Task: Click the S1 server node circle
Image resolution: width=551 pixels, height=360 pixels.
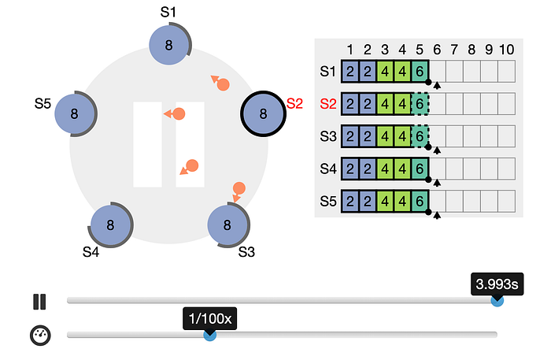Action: [x=168, y=46]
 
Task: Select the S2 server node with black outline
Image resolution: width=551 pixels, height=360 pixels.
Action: [x=264, y=113]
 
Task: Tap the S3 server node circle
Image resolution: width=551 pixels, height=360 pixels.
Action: [x=227, y=225]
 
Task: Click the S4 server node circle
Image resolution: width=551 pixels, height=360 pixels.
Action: [x=110, y=225]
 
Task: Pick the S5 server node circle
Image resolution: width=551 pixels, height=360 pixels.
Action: [x=75, y=113]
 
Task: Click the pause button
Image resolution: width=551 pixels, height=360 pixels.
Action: [x=39, y=301]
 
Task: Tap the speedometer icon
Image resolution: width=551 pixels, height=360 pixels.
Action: [x=40, y=335]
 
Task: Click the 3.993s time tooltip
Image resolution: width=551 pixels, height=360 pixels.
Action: [x=497, y=283]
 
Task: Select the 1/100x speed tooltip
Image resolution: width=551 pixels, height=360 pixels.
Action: [x=210, y=318]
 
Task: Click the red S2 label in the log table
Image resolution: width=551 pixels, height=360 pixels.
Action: [x=328, y=103]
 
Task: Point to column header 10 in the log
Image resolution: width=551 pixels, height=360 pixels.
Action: [x=506, y=49]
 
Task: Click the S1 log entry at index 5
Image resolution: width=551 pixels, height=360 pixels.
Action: [x=420, y=71]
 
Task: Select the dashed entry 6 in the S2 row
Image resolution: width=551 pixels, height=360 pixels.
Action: [x=420, y=103]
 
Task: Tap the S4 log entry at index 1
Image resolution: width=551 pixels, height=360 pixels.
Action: [x=350, y=168]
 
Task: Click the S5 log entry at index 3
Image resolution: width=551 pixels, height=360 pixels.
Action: [x=385, y=200]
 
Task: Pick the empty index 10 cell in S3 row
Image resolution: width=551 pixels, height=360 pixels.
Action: [x=506, y=135]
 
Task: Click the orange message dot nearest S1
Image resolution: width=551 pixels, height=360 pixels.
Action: [x=222, y=84]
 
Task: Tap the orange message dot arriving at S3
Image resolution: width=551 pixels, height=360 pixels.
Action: [x=239, y=188]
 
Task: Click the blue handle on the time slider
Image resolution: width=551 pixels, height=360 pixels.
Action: [x=497, y=300]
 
